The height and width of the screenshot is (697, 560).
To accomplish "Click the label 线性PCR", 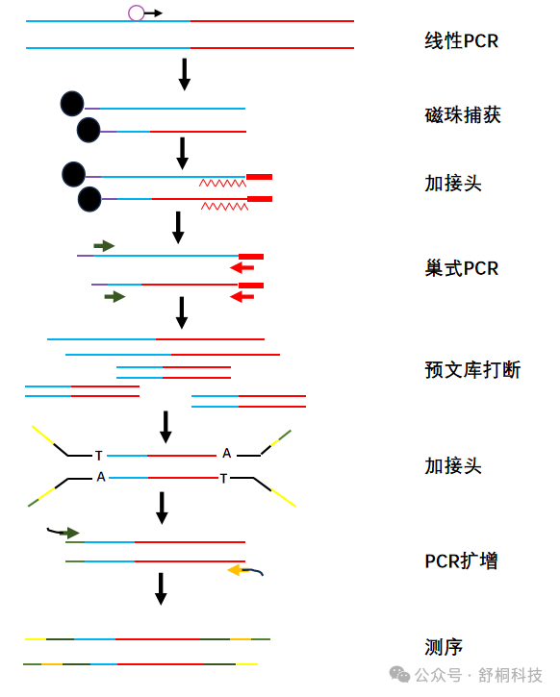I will tap(461, 41).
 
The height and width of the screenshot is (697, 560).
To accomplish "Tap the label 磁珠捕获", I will tap(463, 115).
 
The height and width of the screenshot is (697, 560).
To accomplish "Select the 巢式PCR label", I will tap(462, 268).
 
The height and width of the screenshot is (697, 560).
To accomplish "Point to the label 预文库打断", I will tap(472, 369).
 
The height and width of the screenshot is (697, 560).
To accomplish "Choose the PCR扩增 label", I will tap(461, 560).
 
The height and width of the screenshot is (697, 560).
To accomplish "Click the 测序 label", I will tap(444, 647).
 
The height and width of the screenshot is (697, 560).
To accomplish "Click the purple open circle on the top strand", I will tap(137, 12).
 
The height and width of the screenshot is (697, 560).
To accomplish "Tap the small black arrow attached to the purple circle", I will tap(154, 12).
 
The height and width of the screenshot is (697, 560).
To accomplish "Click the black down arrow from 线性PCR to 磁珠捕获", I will tap(184, 74).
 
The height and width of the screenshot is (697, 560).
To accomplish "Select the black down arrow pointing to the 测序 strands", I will tap(161, 588).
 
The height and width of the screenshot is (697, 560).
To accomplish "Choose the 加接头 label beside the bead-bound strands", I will tap(453, 183).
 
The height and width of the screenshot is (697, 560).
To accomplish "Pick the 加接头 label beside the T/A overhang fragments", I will tap(453, 466).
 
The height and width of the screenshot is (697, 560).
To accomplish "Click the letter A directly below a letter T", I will tap(101, 477).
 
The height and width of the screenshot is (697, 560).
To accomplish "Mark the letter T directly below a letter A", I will tap(224, 478).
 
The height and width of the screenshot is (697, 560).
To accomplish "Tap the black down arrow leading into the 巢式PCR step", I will tap(177, 227).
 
